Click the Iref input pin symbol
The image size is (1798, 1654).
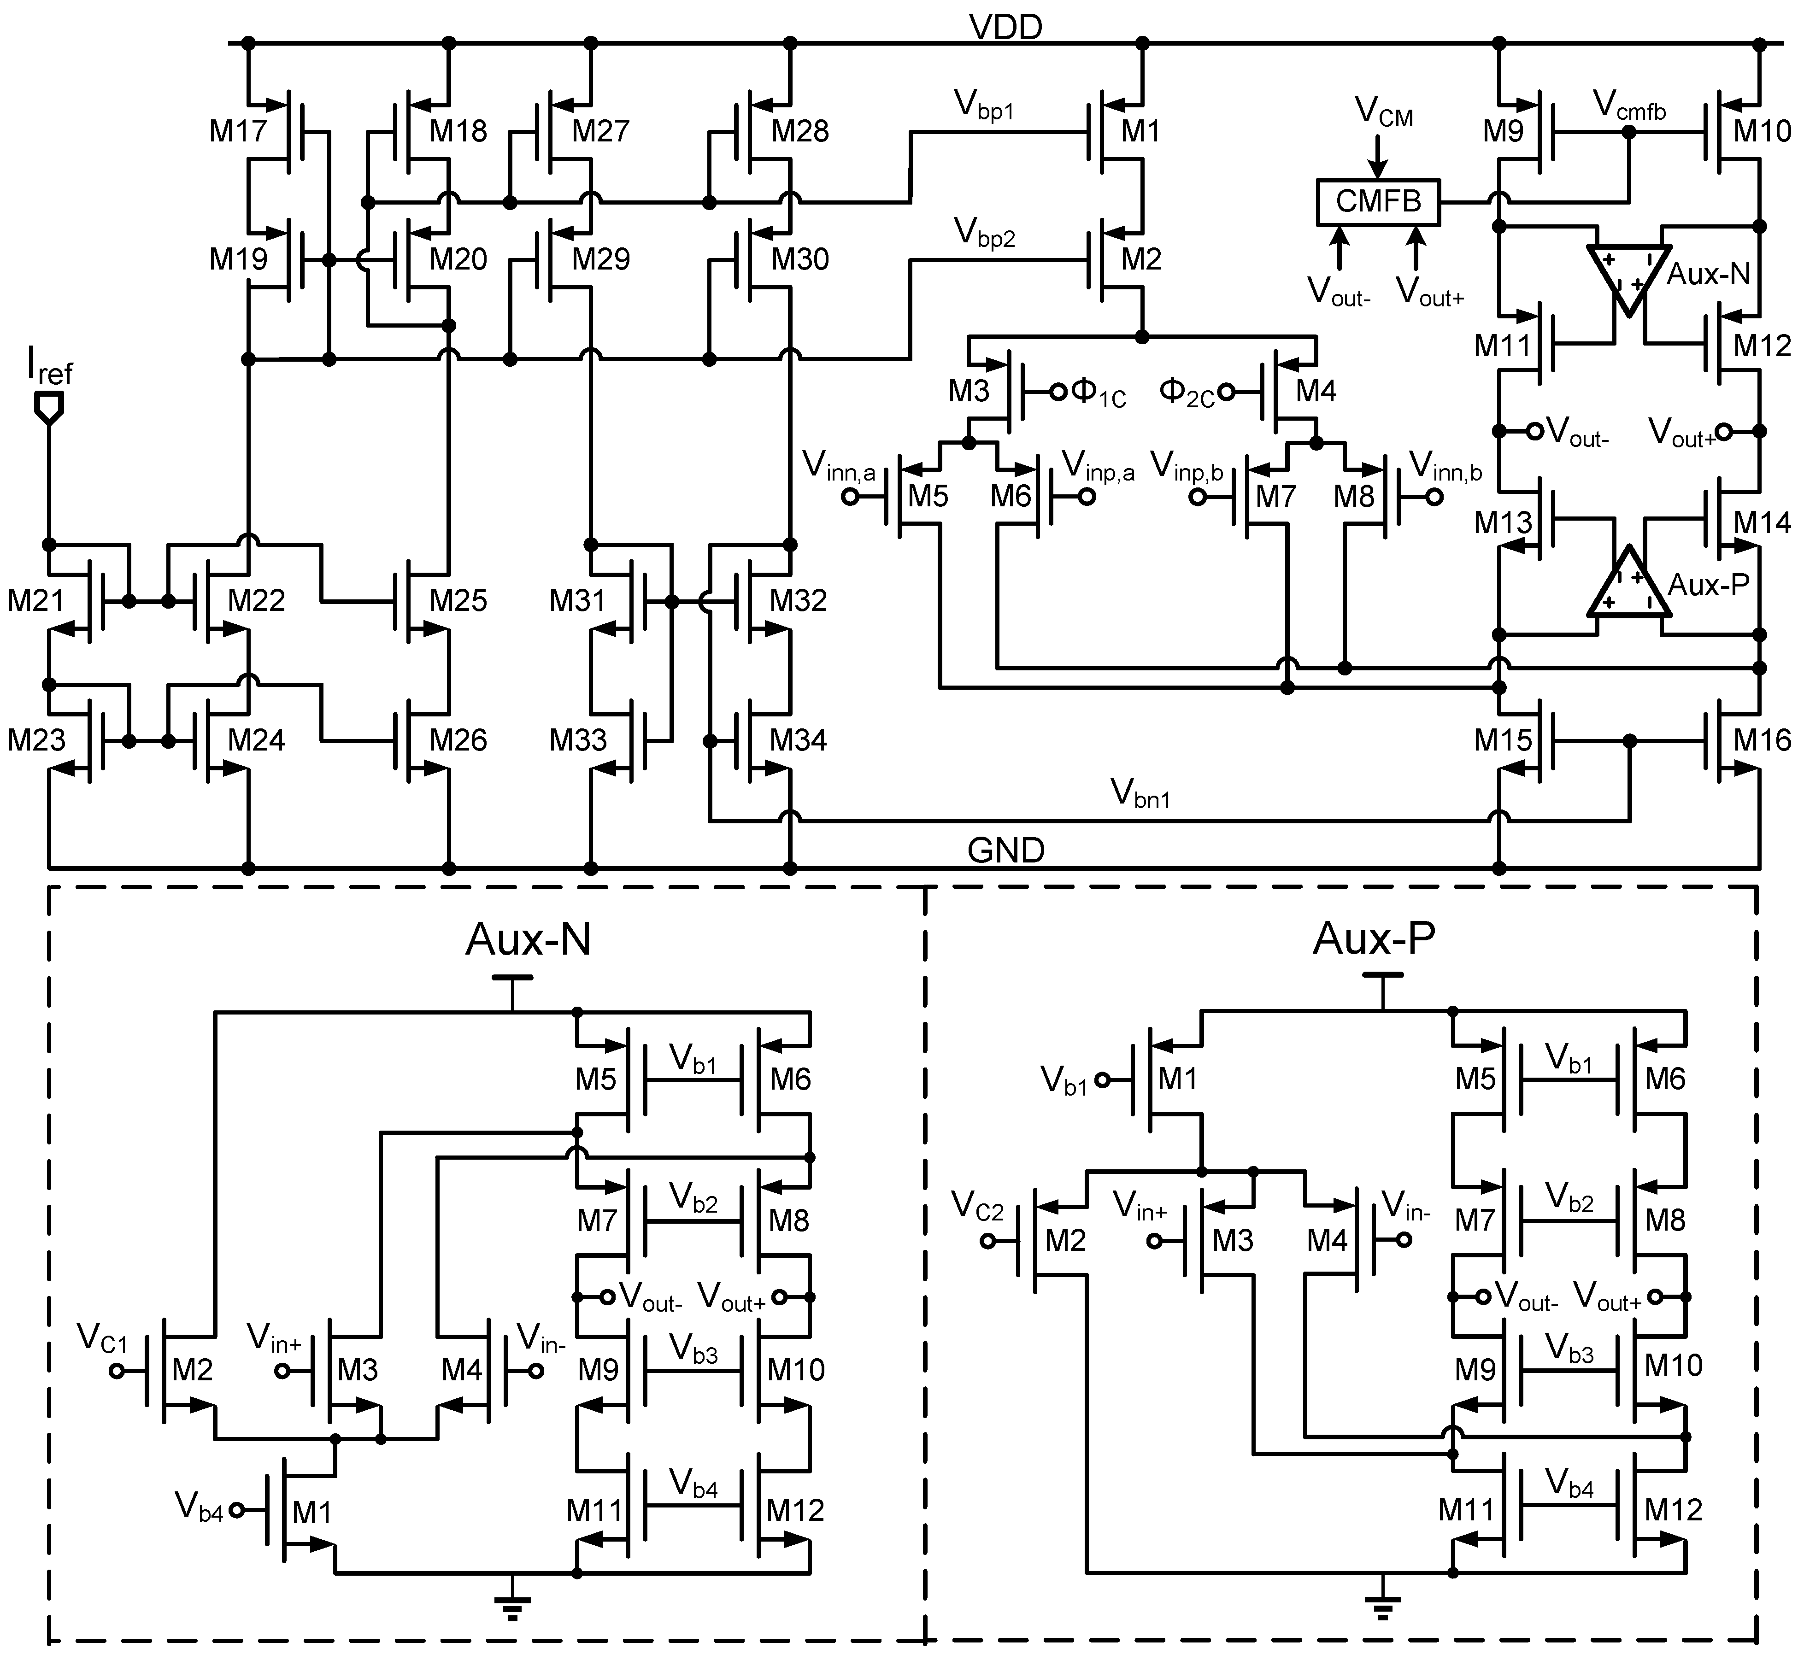pos(48,409)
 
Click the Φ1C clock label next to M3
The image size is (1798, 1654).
pos(1097,392)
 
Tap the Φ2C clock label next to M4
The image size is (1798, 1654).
pos(1186,392)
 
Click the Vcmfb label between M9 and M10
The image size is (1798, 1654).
pos(1629,107)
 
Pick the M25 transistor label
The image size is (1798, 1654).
pos(458,600)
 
